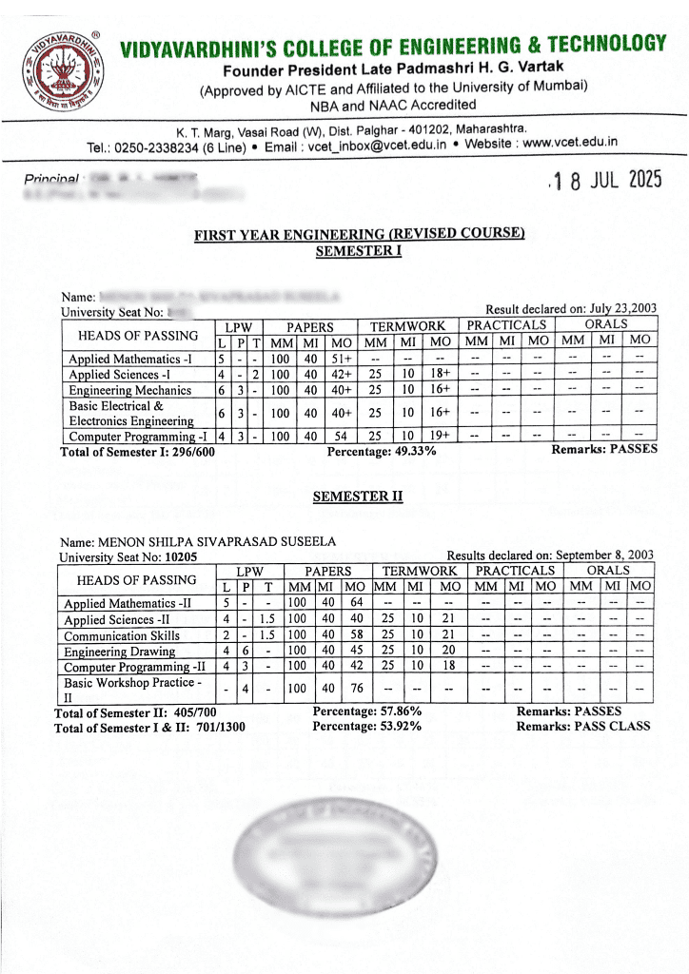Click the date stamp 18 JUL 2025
pos(605,181)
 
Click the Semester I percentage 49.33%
pos(404,450)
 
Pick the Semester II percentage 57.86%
pos(390,711)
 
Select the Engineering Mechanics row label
pos(129,391)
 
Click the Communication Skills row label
pos(121,635)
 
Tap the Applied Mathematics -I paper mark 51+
pos(341,360)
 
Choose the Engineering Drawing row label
pos(119,652)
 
